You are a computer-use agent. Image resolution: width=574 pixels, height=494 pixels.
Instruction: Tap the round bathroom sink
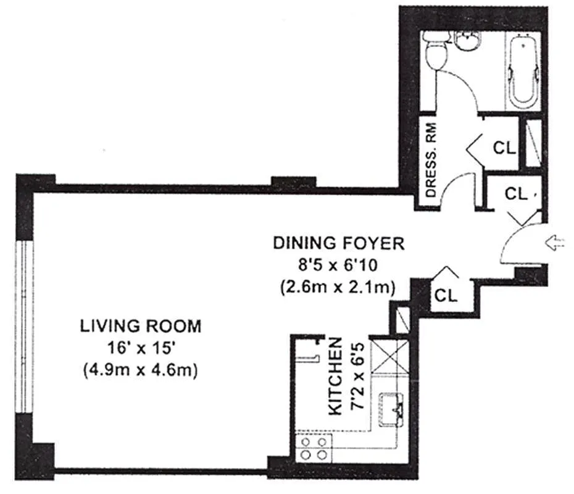(x=467, y=40)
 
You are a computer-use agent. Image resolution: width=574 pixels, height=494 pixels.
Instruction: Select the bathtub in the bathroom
(x=523, y=70)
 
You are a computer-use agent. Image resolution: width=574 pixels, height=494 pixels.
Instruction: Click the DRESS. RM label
(x=431, y=160)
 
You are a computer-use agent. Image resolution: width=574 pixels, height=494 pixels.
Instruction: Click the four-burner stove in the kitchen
(x=314, y=448)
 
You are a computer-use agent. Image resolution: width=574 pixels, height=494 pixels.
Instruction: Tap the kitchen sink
(x=391, y=409)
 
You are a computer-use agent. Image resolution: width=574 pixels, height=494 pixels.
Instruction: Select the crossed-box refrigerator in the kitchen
(x=390, y=356)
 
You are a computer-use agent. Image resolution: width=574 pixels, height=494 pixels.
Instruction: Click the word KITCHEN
(x=335, y=377)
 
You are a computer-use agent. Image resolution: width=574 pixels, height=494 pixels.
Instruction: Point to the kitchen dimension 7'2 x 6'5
(x=357, y=376)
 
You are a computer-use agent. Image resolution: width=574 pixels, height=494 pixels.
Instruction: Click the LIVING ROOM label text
(x=141, y=326)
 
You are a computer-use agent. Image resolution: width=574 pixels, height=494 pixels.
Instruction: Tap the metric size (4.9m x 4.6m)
(x=141, y=370)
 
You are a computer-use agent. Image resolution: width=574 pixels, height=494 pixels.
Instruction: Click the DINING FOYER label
(x=339, y=243)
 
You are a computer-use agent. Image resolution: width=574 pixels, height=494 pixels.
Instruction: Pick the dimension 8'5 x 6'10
(x=338, y=265)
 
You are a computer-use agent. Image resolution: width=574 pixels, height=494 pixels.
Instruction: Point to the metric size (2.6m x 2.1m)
(x=338, y=287)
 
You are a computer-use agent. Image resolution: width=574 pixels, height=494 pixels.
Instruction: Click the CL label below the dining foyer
(x=446, y=295)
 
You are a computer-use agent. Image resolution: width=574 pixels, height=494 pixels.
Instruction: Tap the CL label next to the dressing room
(x=504, y=148)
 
